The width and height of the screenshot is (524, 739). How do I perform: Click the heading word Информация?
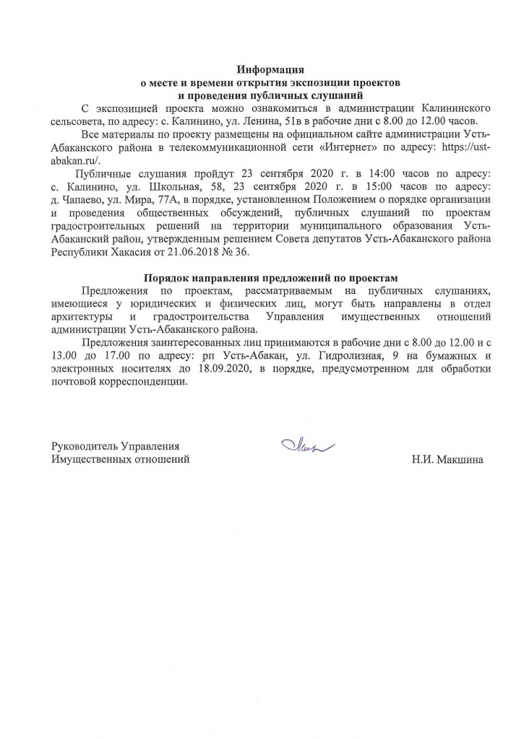click(271, 70)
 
